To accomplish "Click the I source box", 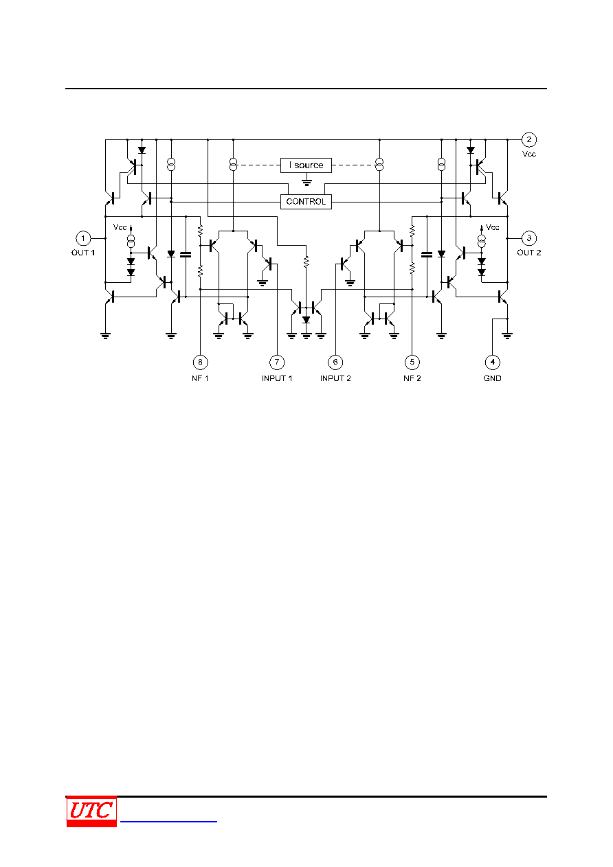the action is [x=306, y=165].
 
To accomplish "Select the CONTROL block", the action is [x=306, y=202].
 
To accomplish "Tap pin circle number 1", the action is [x=83, y=238].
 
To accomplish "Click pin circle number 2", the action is [x=529, y=140].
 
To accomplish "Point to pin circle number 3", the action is [x=529, y=238].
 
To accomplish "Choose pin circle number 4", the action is [x=492, y=362].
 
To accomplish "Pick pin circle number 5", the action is [x=412, y=362].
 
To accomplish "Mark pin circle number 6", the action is [x=335, y=362].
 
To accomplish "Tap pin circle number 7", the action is [x=277, y=362].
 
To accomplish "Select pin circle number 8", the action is [x=200, y=362].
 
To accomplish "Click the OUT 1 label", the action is [x=83, y=253].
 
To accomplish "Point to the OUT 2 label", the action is [x=529, y=253].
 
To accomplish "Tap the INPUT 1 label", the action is [x=277, y=378].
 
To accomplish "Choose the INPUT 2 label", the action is [x=335, y=378].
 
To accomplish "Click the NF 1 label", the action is [x=200, y=378].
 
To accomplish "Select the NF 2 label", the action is [x=412, y=378].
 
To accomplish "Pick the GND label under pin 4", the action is [x=492, y=378].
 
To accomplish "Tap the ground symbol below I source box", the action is [x=306, y=181].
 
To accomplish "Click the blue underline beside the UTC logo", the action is [x=168, y=821].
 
